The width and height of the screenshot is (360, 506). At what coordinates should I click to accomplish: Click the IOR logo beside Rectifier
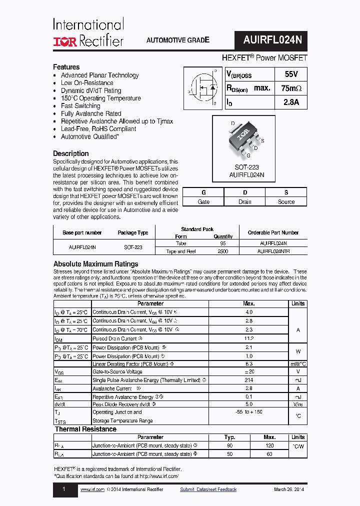tap(65, 41)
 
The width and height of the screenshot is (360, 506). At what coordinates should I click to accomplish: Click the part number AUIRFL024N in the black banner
tap(271, 39)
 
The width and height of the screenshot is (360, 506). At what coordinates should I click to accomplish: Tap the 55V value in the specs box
tap(290, 74)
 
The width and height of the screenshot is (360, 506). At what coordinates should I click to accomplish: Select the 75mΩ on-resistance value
tap(291, 88)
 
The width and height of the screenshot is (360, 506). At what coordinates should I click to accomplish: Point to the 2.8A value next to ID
tap(290, 102)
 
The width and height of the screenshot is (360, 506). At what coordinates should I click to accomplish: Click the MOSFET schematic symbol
tap(202, 88)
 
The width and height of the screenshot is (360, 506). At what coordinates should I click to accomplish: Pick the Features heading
tap(66, 67)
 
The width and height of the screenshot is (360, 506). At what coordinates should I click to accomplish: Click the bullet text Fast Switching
tap(80, 106)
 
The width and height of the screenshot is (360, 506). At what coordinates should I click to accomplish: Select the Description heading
tap(71, 153)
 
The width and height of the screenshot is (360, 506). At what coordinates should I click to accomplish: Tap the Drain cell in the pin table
tap(244, 202)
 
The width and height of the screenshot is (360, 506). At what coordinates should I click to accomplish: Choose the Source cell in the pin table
tap(286, 202)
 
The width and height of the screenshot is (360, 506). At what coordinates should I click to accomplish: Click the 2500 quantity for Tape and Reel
tap(223, 251)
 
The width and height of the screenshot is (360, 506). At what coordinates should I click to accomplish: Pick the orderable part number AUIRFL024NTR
tap(273, 251)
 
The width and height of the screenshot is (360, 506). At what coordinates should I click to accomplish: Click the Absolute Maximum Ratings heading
tap(95, 264)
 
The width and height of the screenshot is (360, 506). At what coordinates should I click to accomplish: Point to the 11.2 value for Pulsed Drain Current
tap(248, 338)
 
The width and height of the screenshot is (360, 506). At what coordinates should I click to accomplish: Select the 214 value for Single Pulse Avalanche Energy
tap(248, 380)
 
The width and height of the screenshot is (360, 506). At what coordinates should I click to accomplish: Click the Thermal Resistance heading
tap(85, 429)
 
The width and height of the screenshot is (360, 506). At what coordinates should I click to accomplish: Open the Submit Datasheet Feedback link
tap(208, 489)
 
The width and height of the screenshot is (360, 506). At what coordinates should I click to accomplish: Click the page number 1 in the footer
tap(63, 489)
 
